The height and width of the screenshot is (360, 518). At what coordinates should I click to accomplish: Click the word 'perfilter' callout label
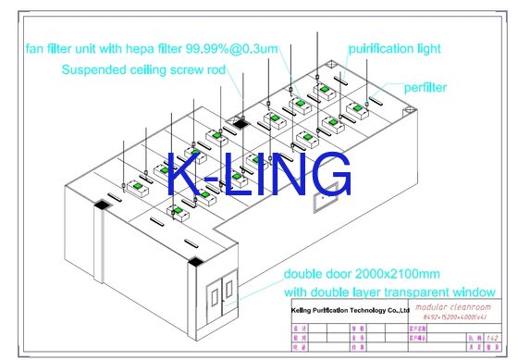(425, 87)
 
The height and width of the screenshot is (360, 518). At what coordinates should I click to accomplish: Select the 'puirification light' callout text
(394, 47)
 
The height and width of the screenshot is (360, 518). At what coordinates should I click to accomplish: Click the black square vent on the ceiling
(239, 121)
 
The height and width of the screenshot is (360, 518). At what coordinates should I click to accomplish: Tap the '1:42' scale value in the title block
(495, 339)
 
